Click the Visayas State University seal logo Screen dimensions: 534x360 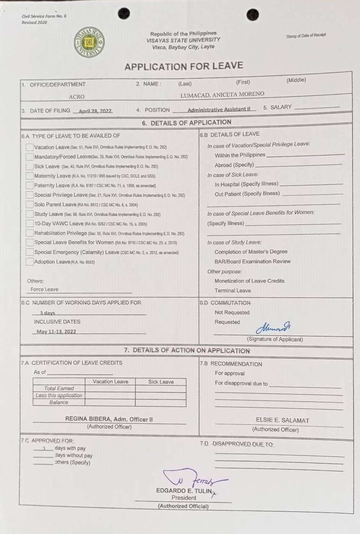89,42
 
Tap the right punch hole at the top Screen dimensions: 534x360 253,15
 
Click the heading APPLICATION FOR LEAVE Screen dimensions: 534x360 184,66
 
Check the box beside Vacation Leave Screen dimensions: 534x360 30,147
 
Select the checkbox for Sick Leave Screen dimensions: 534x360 30,166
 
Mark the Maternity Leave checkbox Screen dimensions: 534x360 30,176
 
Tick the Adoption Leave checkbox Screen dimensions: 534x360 30,262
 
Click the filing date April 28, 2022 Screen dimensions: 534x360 95,111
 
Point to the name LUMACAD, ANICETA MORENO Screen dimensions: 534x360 222,94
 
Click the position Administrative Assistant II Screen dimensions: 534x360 219,109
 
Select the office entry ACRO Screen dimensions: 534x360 77,97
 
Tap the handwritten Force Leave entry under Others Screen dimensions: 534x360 44,289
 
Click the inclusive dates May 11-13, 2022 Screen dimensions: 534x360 56,332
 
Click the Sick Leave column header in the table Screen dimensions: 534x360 161,382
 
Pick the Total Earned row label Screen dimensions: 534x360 59,388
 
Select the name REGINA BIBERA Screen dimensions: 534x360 88,419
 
